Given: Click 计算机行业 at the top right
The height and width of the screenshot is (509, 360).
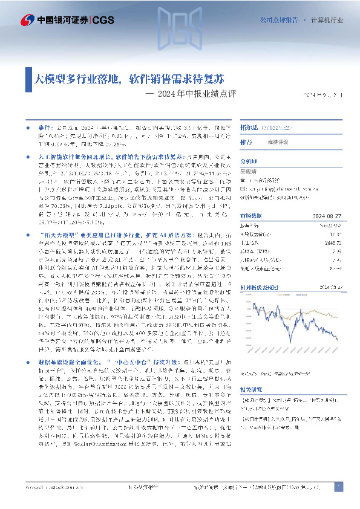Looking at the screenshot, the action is tap(327, 20).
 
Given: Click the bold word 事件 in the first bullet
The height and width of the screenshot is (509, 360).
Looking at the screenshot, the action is tap(36, 129).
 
